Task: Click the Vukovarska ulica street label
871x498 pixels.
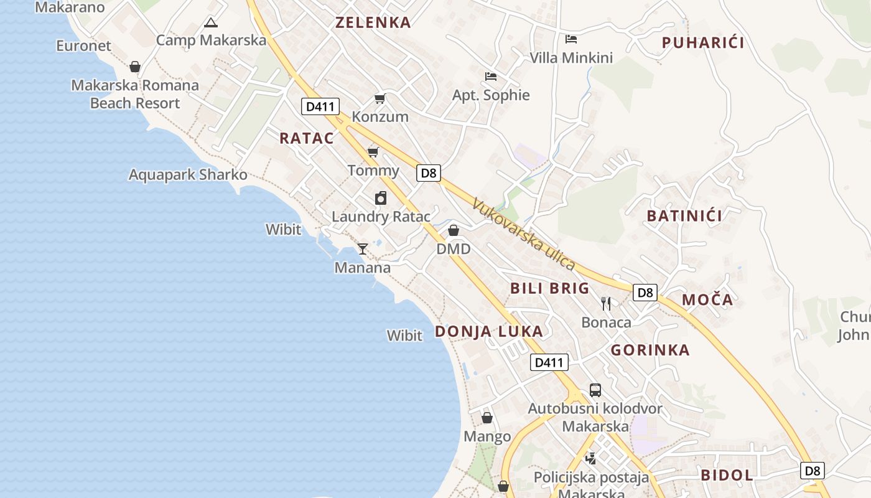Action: [523, 234]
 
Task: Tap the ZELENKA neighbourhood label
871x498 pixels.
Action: [373, 23]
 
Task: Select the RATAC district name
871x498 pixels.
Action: [307, 138]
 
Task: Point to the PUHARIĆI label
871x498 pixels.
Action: [703, 43]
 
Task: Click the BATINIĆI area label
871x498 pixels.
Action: [684, 216]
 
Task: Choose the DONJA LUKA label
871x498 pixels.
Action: [489, 331]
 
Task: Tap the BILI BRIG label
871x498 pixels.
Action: [549, 288]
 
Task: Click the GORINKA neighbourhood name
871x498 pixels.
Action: [650, 350]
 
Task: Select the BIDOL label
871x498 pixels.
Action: [727, 476]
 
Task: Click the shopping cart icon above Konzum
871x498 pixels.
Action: [380, 99]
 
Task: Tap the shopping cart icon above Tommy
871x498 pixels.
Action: [373, 153]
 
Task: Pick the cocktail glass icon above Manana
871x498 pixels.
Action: [363, 249]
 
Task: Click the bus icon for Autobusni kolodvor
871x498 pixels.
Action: [595, 390]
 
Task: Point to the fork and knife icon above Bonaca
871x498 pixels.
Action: [606, 304]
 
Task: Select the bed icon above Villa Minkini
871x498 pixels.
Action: [571, 39]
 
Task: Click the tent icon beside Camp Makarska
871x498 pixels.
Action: [211, 23]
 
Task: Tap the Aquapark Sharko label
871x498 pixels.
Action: [188, 175]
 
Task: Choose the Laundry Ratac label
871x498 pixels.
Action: [381, 217]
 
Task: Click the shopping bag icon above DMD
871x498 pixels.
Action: [454, 231]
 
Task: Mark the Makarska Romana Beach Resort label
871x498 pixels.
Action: [135, 94]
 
